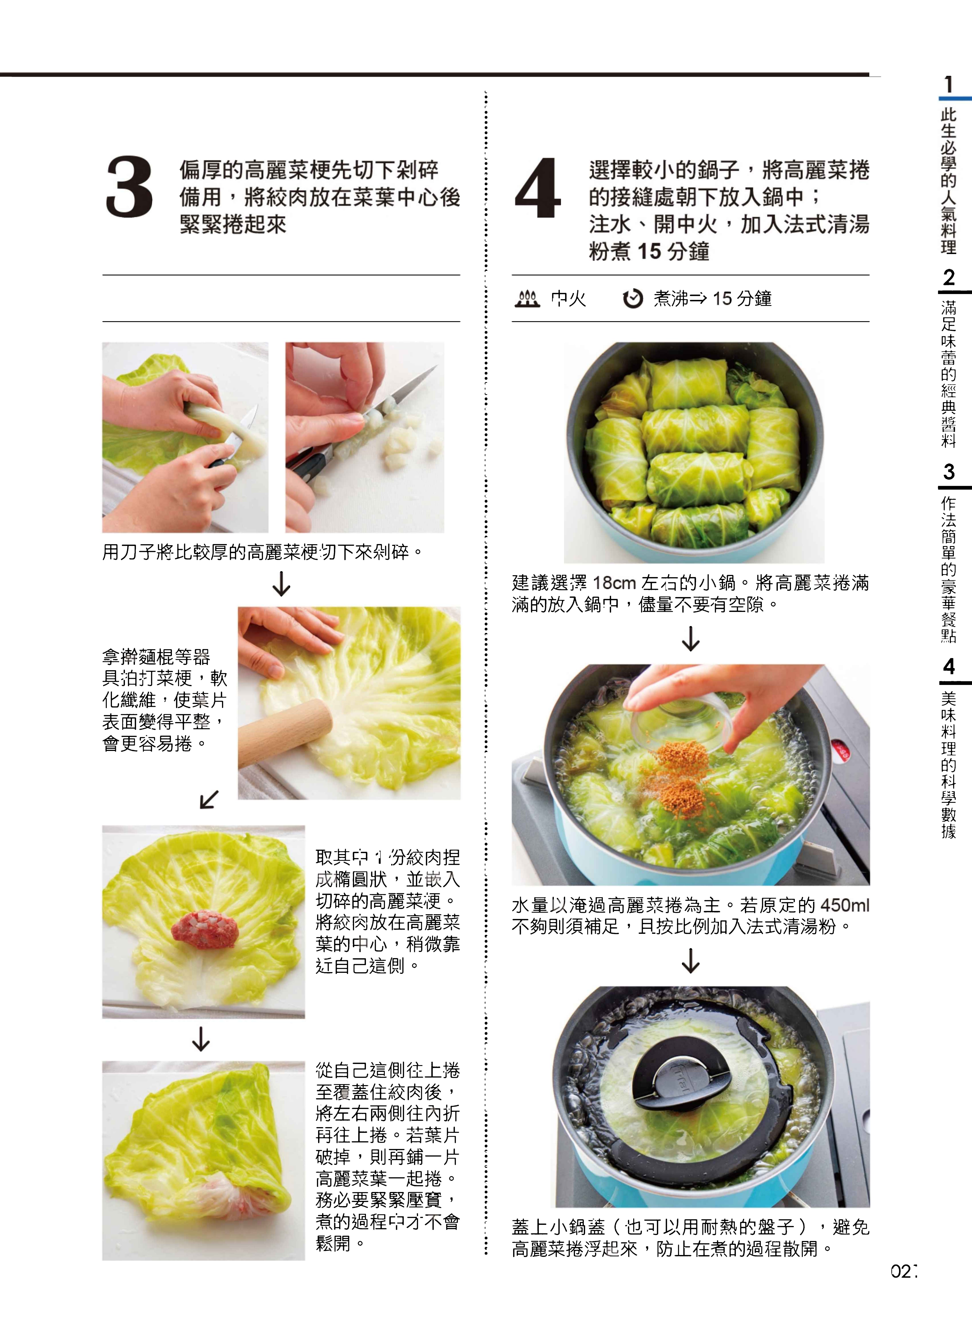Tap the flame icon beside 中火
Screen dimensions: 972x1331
pyautogui.click(x=527, y=299)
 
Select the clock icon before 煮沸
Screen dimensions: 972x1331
pyautogui.click(x=632, y=299)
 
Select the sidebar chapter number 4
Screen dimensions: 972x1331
pyautogui.click(x=948, y=666)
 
